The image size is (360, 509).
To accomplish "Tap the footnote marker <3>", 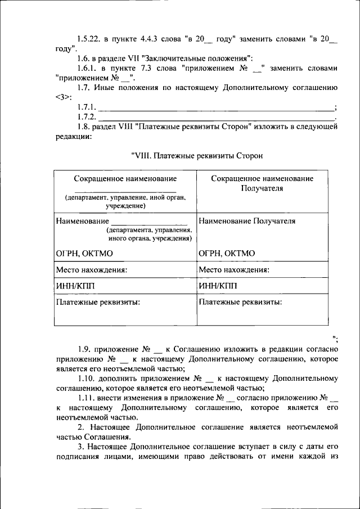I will (64, 97).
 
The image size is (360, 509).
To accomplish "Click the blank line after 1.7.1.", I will (216, 107).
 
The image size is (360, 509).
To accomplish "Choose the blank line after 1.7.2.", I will (216, 118).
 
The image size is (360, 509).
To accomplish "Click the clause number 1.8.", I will (85, 127).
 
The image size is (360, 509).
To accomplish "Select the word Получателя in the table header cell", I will (262, 188).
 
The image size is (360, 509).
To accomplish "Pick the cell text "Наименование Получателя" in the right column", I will (247, 221).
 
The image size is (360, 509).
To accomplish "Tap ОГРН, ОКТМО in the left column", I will (84, 253).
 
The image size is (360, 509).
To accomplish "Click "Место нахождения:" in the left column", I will (92, 269).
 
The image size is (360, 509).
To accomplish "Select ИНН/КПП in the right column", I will (218, 285).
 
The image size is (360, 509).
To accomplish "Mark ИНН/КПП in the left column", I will (75, 285).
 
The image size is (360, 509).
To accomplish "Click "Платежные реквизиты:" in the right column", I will (240, 301).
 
